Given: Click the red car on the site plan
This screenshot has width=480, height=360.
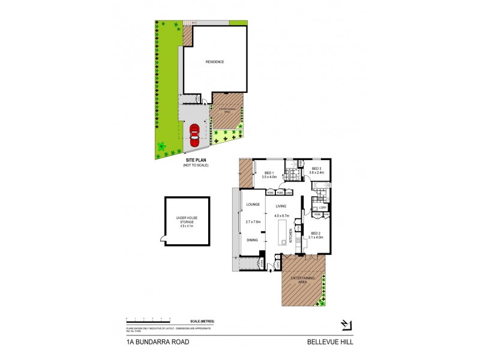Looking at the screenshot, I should pos(194,135).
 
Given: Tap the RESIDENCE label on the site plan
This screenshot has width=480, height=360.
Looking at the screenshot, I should pos(215,62).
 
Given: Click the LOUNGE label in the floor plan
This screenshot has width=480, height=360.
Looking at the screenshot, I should pos(252,205).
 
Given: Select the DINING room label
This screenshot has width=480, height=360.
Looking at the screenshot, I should pos(252,240).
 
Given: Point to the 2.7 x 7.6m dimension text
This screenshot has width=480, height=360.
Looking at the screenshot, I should pos(252,221).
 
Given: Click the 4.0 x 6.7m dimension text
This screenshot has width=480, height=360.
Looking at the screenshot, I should pos(281,215).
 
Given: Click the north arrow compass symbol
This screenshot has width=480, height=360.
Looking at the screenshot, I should pos(346,325).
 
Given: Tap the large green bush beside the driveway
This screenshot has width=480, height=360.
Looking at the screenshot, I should pos(161,145).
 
